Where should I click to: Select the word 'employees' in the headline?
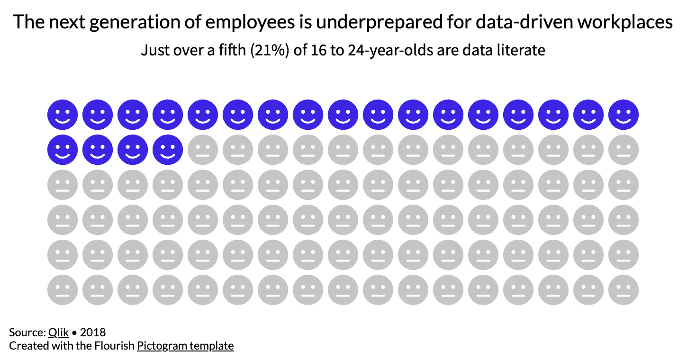coord(227,23)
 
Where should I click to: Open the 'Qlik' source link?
coord(58,332)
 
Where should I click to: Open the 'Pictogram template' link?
coord(185,346)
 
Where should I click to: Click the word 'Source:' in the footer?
coord(27,332)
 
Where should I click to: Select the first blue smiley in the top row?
coord(63,115)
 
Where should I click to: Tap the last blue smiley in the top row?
coord(624,115)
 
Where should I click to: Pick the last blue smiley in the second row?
coord(168,150)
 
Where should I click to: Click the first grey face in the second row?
coord(203,150)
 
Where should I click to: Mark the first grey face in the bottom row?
coord(63,290)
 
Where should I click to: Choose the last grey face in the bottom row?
coord(624,290)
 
